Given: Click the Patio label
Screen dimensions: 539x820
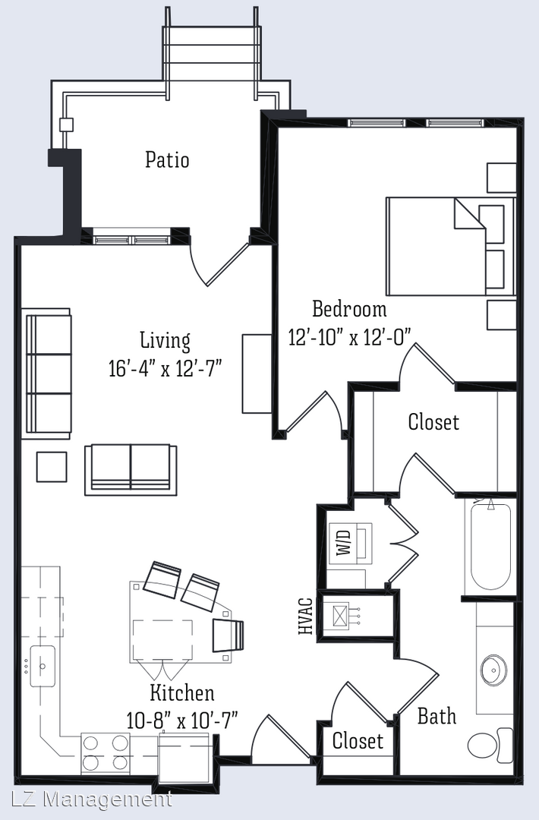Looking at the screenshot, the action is pos(167,159).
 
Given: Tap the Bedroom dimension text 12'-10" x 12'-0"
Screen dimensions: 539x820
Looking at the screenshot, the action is pos(350,337).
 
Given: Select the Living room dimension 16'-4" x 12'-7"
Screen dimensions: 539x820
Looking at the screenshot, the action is pos(165,368).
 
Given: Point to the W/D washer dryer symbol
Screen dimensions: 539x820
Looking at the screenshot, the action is pos(350,542).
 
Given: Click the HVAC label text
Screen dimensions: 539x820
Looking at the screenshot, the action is pos(306,616).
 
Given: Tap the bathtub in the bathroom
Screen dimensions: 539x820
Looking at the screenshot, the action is pos(490,546).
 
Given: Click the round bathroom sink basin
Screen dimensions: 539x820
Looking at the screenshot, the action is pos(493,670).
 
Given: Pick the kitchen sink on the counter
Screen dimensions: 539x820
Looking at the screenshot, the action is pos(43,666).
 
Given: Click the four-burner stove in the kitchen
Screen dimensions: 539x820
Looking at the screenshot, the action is pos(105,753).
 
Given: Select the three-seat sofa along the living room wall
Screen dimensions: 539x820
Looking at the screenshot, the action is pos(46,374).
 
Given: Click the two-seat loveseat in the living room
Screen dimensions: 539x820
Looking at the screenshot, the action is pos(131,470).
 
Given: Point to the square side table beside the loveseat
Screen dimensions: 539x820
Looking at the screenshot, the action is pos(51,467).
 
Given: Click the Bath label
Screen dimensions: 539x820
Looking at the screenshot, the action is pos(437,716).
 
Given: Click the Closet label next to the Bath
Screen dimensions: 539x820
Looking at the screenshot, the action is pos(358,740).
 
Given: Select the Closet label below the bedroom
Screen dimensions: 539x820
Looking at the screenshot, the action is pos(433,422).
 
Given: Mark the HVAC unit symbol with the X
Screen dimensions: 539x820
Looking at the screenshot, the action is pos(340,615).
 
